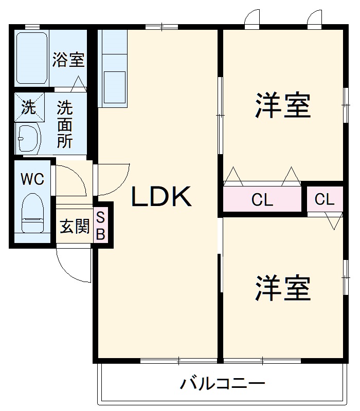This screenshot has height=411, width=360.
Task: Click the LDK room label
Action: click(162, 196)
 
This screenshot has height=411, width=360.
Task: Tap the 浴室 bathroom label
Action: click(68, 60)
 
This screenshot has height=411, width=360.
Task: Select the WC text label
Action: click(32, 179)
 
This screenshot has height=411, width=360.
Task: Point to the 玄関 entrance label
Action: click(75, 226)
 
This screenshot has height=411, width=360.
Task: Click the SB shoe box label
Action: click(101, 226)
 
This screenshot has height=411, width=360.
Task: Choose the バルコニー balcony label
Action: click(222, 383)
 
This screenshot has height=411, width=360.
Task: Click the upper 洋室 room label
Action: click(283, 106)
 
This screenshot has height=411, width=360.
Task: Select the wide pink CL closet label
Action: click(262, 200)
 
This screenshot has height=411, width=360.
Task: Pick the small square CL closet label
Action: click(325, 199)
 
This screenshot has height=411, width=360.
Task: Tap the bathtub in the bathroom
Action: click(32, 58)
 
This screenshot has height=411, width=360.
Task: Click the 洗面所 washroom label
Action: click(65, 125)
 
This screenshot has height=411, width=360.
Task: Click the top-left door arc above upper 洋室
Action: click(253, 18)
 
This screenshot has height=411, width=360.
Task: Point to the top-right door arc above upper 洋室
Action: click(314, 18)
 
